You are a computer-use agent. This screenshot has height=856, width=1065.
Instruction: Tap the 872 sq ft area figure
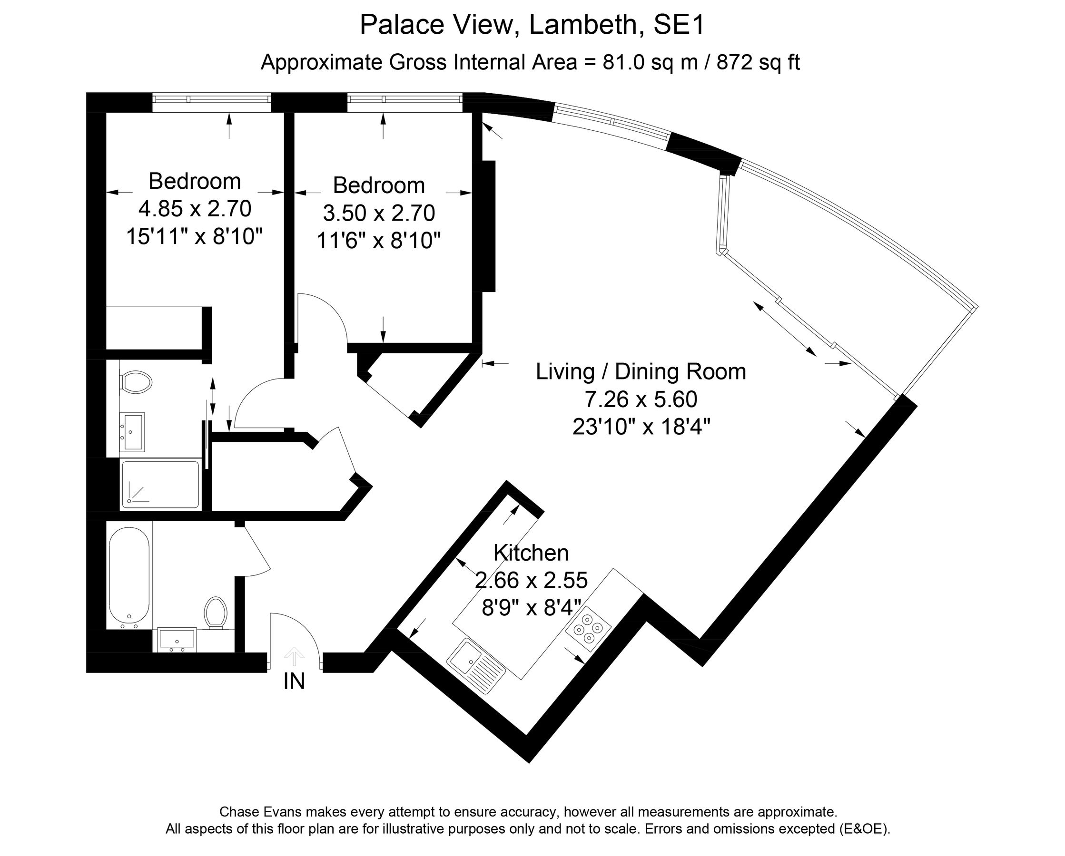point(758,63)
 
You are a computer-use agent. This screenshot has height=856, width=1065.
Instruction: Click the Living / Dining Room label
point(641,371)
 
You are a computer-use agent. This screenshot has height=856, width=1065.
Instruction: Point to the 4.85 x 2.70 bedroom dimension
point(195,209)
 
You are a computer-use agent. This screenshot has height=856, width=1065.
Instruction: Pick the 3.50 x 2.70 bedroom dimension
point(379,213)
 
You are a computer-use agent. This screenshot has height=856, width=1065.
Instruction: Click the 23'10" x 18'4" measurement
point(641,427)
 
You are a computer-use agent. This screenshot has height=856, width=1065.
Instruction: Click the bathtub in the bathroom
point(129,576)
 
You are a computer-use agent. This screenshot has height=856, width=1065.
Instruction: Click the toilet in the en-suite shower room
point(135,382)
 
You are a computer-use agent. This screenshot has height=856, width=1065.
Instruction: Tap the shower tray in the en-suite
point(160,485)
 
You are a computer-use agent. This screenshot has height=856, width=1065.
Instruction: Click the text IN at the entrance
point(294,682)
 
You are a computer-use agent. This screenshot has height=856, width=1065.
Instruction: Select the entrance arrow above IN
point(295,657)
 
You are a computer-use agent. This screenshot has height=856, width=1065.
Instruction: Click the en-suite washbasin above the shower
point(132,432)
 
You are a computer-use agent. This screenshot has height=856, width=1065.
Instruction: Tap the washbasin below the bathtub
point(177,640)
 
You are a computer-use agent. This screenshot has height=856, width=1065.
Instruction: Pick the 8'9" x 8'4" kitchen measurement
point(531,608)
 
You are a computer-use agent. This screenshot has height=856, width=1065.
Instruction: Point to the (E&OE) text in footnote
point(864,829)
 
